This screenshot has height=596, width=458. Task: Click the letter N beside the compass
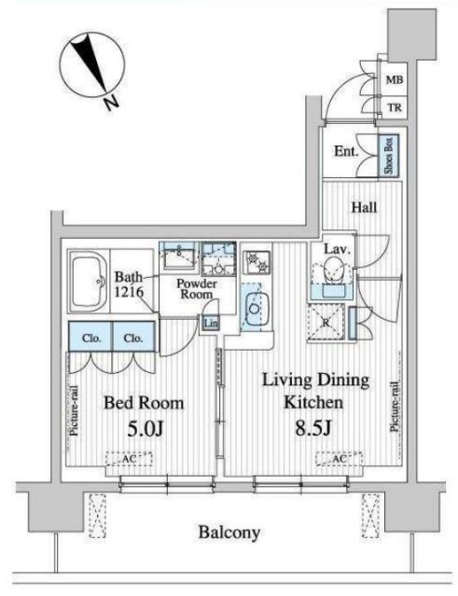[x=111, y=102]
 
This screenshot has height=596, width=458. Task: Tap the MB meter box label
[x=395, y=80]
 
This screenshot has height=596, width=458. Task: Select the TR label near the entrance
[x=395, y=108]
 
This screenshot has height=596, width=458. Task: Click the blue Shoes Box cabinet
[x=388, y=155]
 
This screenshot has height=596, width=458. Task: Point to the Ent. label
[x=346, y=151]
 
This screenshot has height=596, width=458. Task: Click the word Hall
[x=364, y=208]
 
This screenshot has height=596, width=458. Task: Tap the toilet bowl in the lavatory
[x=333, y=269]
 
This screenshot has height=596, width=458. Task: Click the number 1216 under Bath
[x=129, y=292]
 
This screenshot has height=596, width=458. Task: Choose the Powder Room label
[x=197, y=289]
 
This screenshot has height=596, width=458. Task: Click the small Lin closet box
[x=211, y=323]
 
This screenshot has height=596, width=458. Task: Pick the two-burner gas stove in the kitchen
[x=257, y=262]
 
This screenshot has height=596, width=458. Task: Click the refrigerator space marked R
[x=326, y=323]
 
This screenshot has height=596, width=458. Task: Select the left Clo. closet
[x=90, y=337]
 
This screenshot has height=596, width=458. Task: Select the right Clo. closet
[x=133, y=337]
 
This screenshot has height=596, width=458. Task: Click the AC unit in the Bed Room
[x=129, y=459]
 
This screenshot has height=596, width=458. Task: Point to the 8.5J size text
[x=313, y=428]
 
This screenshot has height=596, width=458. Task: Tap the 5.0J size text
[x=145, y=429]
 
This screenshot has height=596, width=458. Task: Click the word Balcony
[x=229, y=533]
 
